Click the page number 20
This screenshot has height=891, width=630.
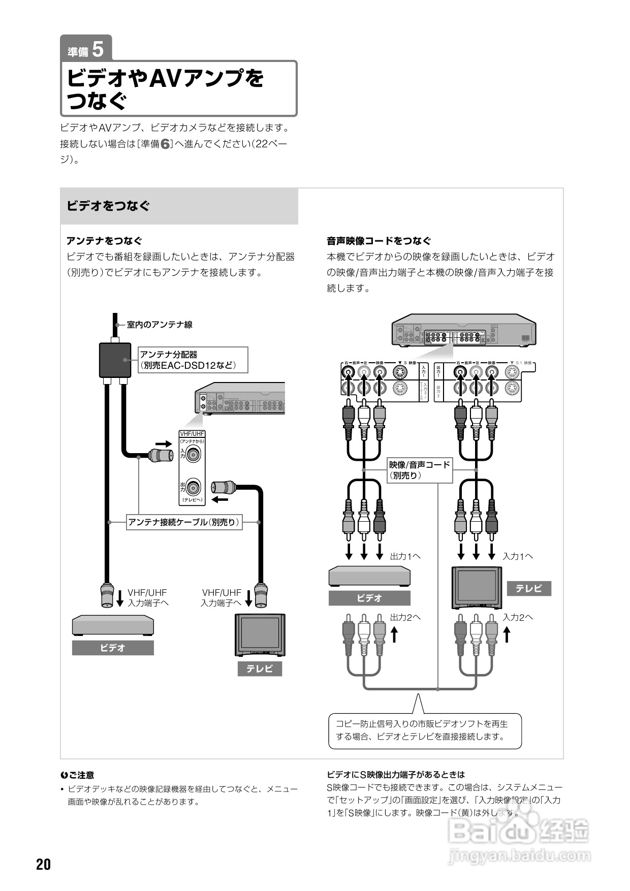click(x=44, y=864)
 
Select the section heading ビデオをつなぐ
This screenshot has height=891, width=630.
click(x=108, y=206)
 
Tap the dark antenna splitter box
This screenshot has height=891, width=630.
click(x=114, y=360)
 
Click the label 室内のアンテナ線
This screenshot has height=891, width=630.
click(x=160, y=325)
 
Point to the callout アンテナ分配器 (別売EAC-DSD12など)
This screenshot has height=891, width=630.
click(x=194, y=360)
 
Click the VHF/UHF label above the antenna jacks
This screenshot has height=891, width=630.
click(x=192, y=434)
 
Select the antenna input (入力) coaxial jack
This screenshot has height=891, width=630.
click(x=193, y=454)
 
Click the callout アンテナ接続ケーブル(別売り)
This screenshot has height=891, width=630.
click(x=184, y=522)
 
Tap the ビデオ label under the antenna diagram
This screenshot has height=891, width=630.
click(x=113, y=648)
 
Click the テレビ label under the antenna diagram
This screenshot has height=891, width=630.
click(x=260, y=669)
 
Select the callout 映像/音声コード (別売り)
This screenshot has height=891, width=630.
click(x=420, y=470)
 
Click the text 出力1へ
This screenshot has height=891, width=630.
click(x=405, y=556)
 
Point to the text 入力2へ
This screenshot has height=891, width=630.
click(x=518, y=617)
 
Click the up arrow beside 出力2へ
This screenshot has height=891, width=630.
click(x=394, y=634)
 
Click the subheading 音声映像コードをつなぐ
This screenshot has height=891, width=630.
click(x=379, y=241)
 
